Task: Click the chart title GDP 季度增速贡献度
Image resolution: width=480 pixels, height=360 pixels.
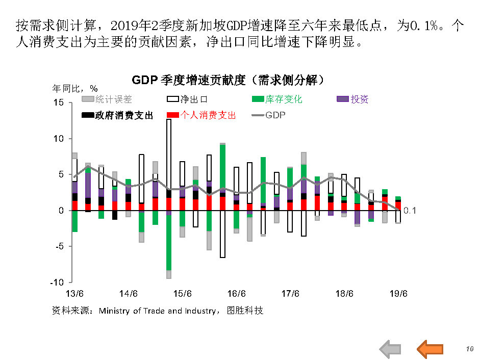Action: (x=228, y=80)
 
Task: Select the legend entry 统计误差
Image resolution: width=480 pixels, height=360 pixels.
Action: (x=107, y=99)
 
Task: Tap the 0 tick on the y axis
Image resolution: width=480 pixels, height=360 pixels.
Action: (x=61, y=211)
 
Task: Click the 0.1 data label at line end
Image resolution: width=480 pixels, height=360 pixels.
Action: (x=410, y=211)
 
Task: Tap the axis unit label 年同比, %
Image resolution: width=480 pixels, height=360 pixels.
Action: (x=75, y=88)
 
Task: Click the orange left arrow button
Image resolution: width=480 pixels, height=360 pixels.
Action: (x=430, y=349)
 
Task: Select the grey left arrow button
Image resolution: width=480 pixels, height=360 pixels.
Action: (x=391, y=349)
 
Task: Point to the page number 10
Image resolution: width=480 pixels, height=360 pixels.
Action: (x=470, y=348)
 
